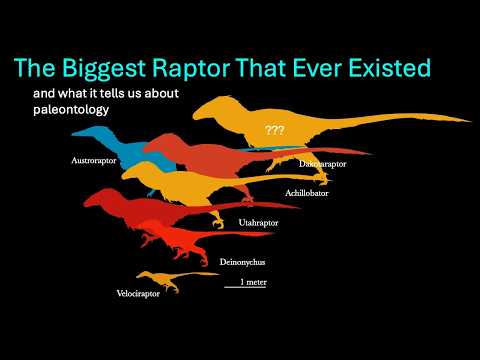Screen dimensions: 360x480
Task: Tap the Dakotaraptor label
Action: (323, 162)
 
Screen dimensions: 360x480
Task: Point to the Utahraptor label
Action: (259, 222)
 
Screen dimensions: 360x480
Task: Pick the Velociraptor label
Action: (138, 294)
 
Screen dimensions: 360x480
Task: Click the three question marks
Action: (274, 130)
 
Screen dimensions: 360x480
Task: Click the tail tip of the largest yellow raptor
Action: (466, 120)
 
